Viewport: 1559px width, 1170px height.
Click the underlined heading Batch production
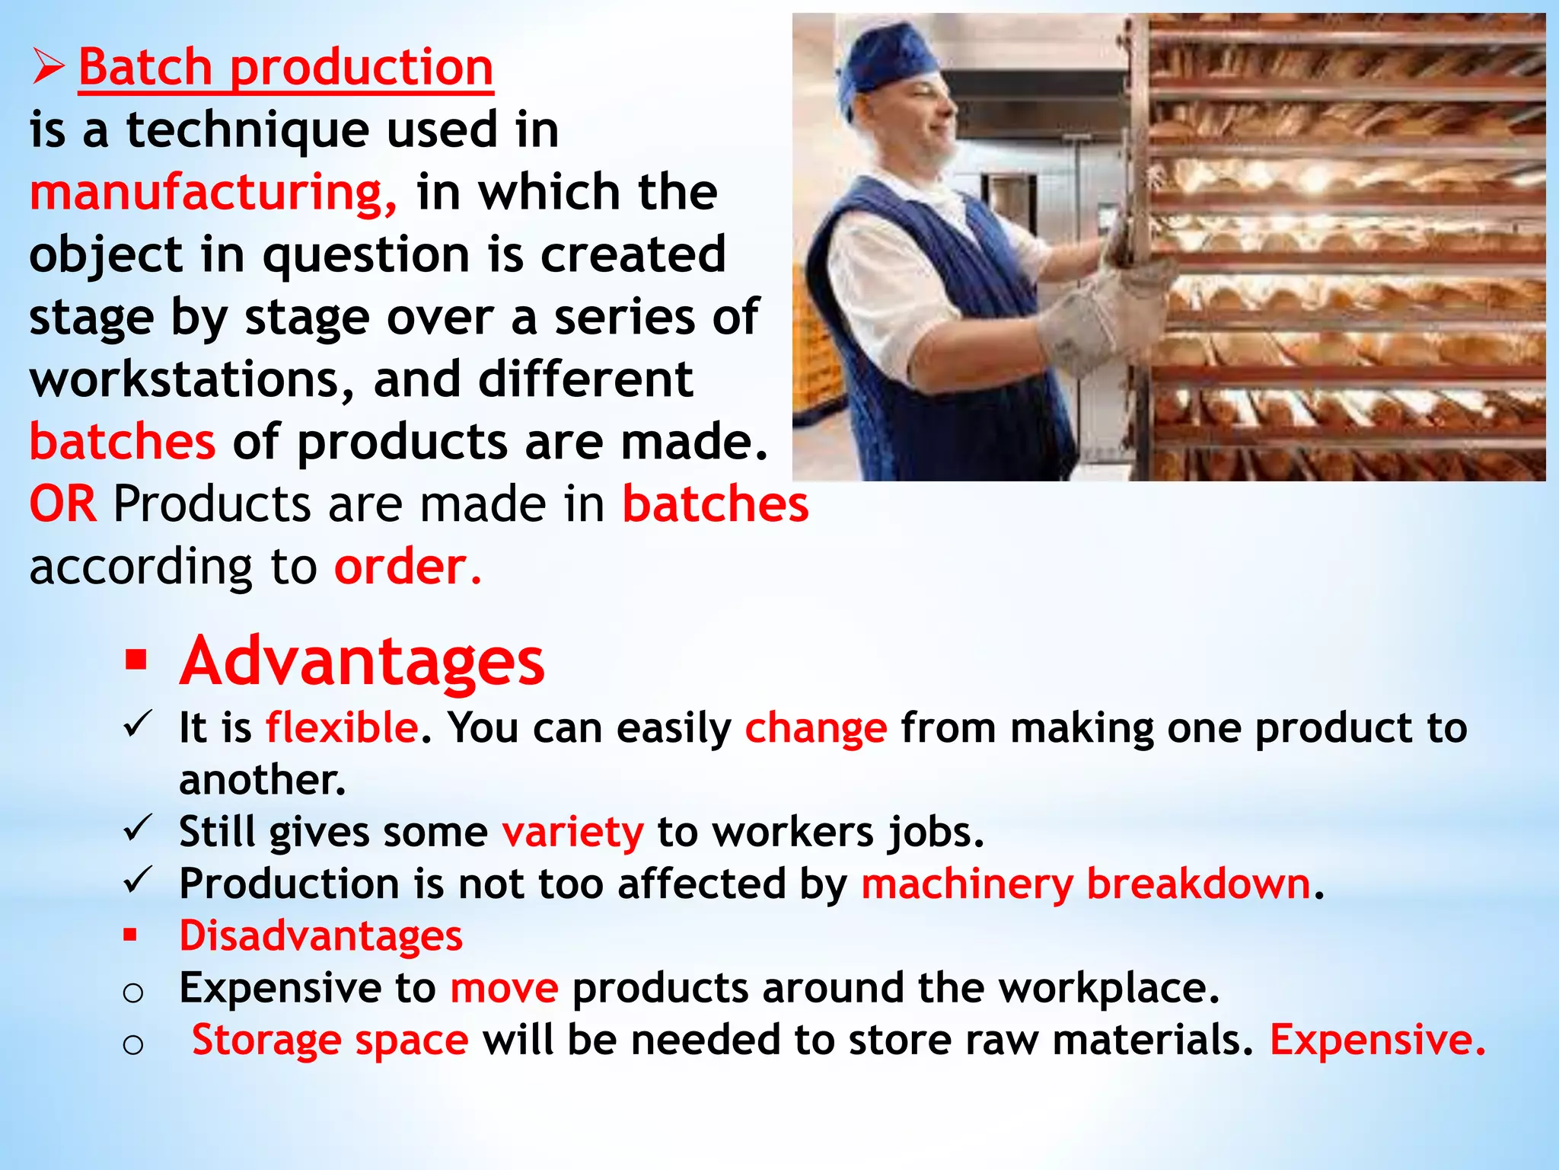point(285,68)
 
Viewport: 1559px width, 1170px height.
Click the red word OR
point(63,504)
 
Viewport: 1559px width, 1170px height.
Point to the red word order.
point(407,567)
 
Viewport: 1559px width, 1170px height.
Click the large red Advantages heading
point(362,661)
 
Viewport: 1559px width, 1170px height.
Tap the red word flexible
point(342,727)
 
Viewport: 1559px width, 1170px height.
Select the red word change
point(815,728)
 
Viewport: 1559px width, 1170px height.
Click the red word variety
point(572,832)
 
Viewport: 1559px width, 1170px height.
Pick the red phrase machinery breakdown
point(1086,884)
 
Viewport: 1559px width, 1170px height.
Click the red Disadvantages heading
point(320,935)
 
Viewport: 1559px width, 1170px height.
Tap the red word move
point(504,988)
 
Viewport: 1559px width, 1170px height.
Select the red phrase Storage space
point(330,1040)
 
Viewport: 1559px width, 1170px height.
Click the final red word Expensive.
point(1377,1040)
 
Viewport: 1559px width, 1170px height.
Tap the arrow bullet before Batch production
point(48,68)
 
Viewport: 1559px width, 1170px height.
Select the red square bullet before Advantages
point(136,660)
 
